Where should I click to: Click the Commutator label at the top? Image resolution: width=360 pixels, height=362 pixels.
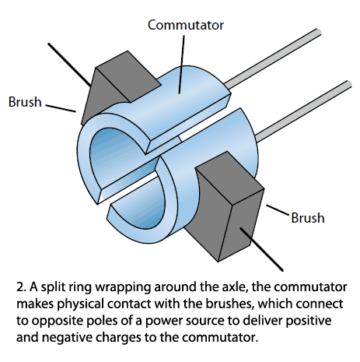pyautogui.click(x=186, y=25)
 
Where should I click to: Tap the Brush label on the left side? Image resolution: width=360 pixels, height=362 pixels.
pyautogui.click(x=25, y=102)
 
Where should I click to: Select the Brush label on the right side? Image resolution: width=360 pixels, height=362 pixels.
pyautogui.click(x=308, y=218)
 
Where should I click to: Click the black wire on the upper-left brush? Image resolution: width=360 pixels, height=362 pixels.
pyautogui.click(x=69, y=65)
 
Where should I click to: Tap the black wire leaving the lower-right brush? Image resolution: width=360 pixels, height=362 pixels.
pyautogui.click(x=261, y=250)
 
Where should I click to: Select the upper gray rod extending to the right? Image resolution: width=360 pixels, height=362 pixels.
pyautogui.click(x=273, y=58)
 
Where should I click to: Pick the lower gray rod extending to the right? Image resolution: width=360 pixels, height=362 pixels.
pyautogui.click(x=303, y=111)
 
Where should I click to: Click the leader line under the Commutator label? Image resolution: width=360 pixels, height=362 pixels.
pyautogui.click(x=182, y=65)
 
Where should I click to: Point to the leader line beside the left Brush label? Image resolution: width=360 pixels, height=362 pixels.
pyautogui.click(x=61, y=108)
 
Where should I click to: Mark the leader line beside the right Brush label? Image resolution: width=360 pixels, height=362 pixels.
pyautogui.click(x=278, y=210)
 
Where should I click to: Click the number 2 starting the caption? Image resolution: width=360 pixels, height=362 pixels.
pyautogui.click(x=22, y=287)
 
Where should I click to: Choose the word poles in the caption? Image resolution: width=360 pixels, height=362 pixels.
pyautogui.click(x=118, y=321)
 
